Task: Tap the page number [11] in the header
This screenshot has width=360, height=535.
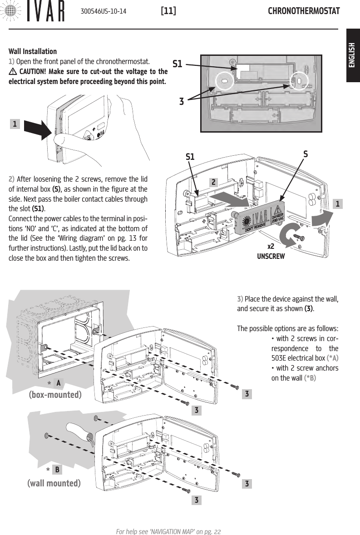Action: (168, 10)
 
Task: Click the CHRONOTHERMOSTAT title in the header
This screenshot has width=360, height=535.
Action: (304, 10)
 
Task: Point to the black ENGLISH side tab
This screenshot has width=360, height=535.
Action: (353, 56)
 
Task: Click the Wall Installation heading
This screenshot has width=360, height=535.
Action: (33, 51)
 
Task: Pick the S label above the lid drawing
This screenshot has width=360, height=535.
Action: (306, 154)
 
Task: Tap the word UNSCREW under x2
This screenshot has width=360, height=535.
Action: (271, 256)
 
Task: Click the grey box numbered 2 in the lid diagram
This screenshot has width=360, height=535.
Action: (213, 182)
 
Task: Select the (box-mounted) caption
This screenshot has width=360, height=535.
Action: (55, 394)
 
